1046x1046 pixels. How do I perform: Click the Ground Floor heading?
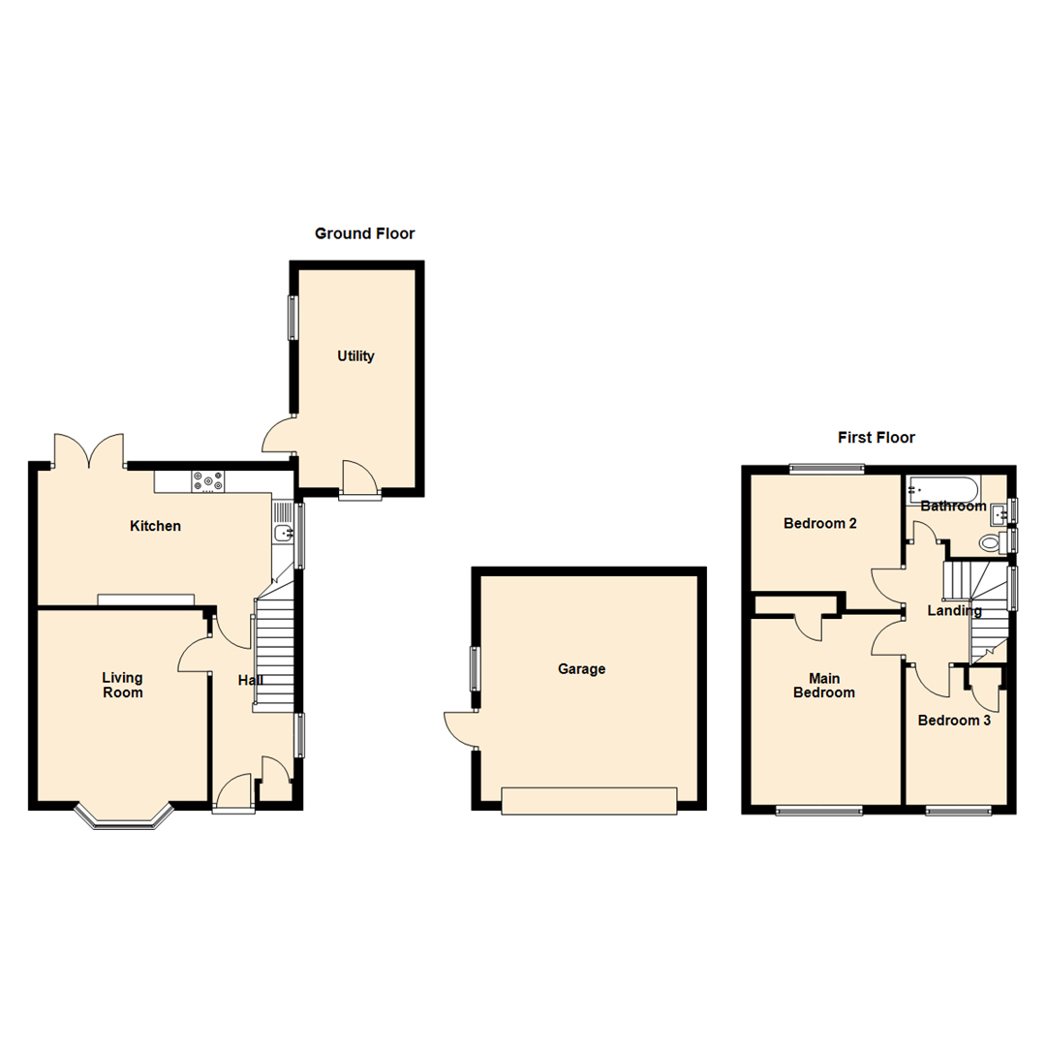364,233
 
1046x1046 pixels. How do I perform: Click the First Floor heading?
876,438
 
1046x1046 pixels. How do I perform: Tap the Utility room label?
355,356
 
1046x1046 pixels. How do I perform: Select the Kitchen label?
156,526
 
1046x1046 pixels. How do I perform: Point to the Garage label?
581,668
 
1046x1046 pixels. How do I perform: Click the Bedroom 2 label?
820,524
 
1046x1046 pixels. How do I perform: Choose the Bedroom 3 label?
954,721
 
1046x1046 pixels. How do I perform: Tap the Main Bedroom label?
823,685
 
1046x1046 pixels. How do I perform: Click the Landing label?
954,611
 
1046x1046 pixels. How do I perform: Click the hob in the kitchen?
207,480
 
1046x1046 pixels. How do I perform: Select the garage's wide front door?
588,800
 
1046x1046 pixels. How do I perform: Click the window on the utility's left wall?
292,317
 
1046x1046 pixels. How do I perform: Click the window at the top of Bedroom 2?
825,470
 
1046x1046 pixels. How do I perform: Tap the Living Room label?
123,685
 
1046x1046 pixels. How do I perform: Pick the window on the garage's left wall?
476,667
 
